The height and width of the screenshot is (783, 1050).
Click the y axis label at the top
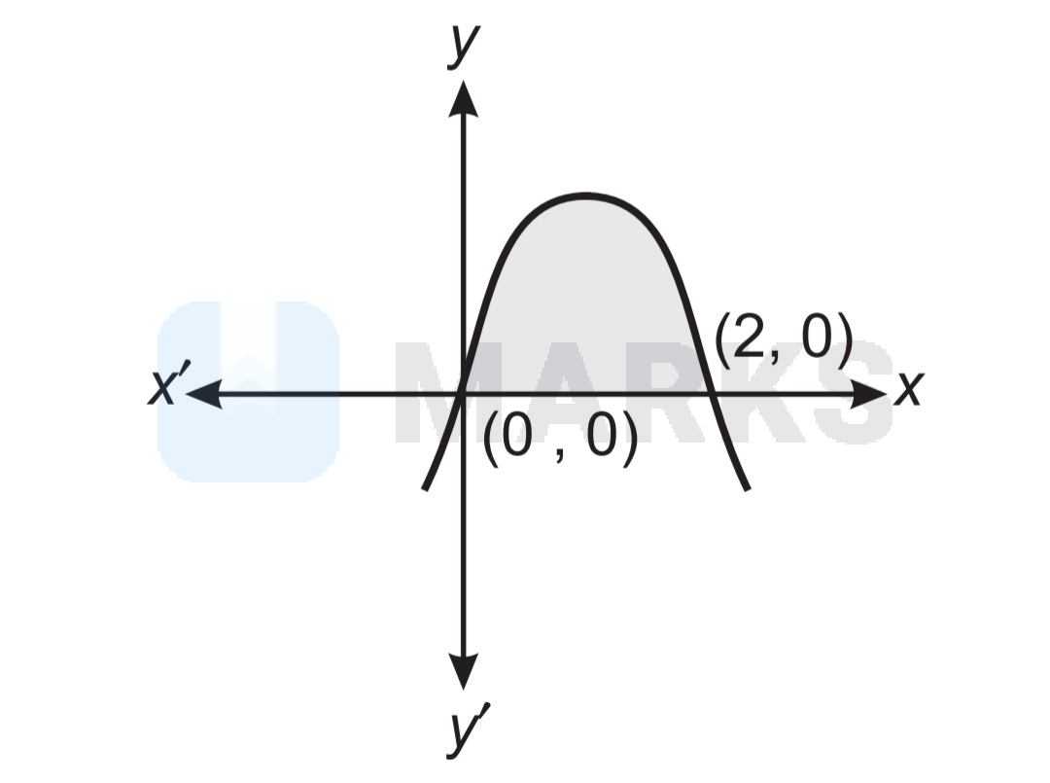point(464,46)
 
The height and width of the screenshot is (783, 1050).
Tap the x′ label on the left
point(169,384)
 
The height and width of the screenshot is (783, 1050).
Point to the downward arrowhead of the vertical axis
point(463,670)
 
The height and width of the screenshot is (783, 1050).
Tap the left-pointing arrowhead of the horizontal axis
point(203,394)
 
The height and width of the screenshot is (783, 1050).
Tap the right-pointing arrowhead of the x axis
point(868,394)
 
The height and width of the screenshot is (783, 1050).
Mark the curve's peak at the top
point(585,196)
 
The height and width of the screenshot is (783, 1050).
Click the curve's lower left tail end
point(425,488)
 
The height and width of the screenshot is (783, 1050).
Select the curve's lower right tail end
point(748,488)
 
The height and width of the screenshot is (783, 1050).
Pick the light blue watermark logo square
point(248,392)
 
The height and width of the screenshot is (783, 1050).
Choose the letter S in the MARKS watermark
point(855,393)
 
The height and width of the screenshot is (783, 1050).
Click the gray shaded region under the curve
point(585,302)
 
